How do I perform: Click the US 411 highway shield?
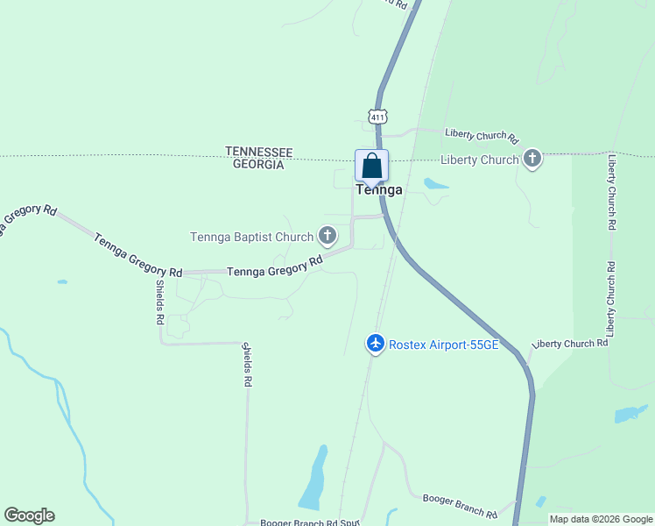pyautogui.click(x=377, y=117)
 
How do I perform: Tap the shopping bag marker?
pyautogui.click(x=371, y=166)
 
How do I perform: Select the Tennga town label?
pyautogui.click(x=379, y=189)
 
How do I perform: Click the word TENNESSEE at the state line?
pyautogui.click(x=258, y=152)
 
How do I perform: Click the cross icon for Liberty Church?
pyautogui.click(x=532, y=160)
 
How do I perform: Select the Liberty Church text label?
pyautogui.click(x=479, y=160)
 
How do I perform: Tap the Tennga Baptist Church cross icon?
pyautogui.click(x=327, y=235)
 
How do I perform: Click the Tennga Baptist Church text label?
pyautogui.click(x=252, y=237)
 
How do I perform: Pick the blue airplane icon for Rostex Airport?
pyautogui.click(x=376, y=344)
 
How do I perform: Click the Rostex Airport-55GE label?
pyautogui.click(x=443, y=345)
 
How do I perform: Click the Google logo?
pyautogui.click(x=29, y=515)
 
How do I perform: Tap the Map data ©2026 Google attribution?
pyautogui.click(x=601, y=519)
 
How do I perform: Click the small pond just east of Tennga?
pyautogui.click(x=435, y=184)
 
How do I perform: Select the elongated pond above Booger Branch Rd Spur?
pyautogui.click(x=314, y=477)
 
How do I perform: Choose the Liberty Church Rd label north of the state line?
pyautogui.click(x=482, y=135)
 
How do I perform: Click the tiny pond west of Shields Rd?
pyautogui.click(x=61, y=282)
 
